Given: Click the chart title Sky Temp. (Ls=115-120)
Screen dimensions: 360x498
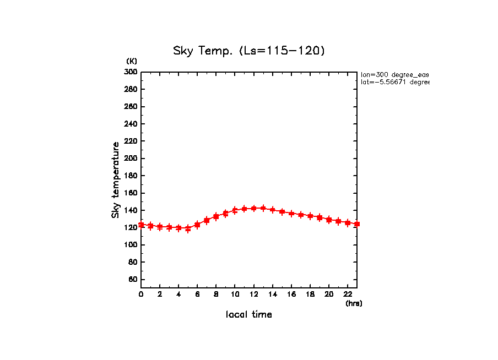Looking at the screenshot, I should click(x=249, y=51).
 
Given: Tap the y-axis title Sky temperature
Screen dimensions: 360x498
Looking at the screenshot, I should click(x=116, y=180).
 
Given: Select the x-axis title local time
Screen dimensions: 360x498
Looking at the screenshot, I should click(x=249, y=315).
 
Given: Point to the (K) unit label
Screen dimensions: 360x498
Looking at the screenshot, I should click(x=132, y=61).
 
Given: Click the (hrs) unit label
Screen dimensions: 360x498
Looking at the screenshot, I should click(x=354, y=303).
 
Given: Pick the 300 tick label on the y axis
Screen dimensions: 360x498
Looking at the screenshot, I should click(x=131, y=72).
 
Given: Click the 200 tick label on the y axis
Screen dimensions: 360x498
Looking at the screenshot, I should click(x=131, y=159).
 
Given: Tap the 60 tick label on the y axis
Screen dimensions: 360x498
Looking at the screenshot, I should click(x=133, y=280).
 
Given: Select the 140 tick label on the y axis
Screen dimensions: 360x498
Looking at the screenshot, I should click(x=131, y=210).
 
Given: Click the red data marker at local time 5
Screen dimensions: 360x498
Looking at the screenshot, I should click(x=188, y=228).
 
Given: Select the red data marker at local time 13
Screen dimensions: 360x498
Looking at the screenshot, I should click(x=263, y=208).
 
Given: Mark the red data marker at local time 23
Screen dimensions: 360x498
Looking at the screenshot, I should click(x=357, y=224).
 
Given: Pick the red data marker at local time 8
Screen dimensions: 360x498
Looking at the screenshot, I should click(x=216, y=216).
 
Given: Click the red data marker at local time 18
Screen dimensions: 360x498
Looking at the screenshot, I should click(x=310, y=216).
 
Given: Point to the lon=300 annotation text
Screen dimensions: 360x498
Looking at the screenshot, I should click(x=394, y=74).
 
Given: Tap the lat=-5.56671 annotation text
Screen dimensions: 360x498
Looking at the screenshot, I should click(x=394, y=82).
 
